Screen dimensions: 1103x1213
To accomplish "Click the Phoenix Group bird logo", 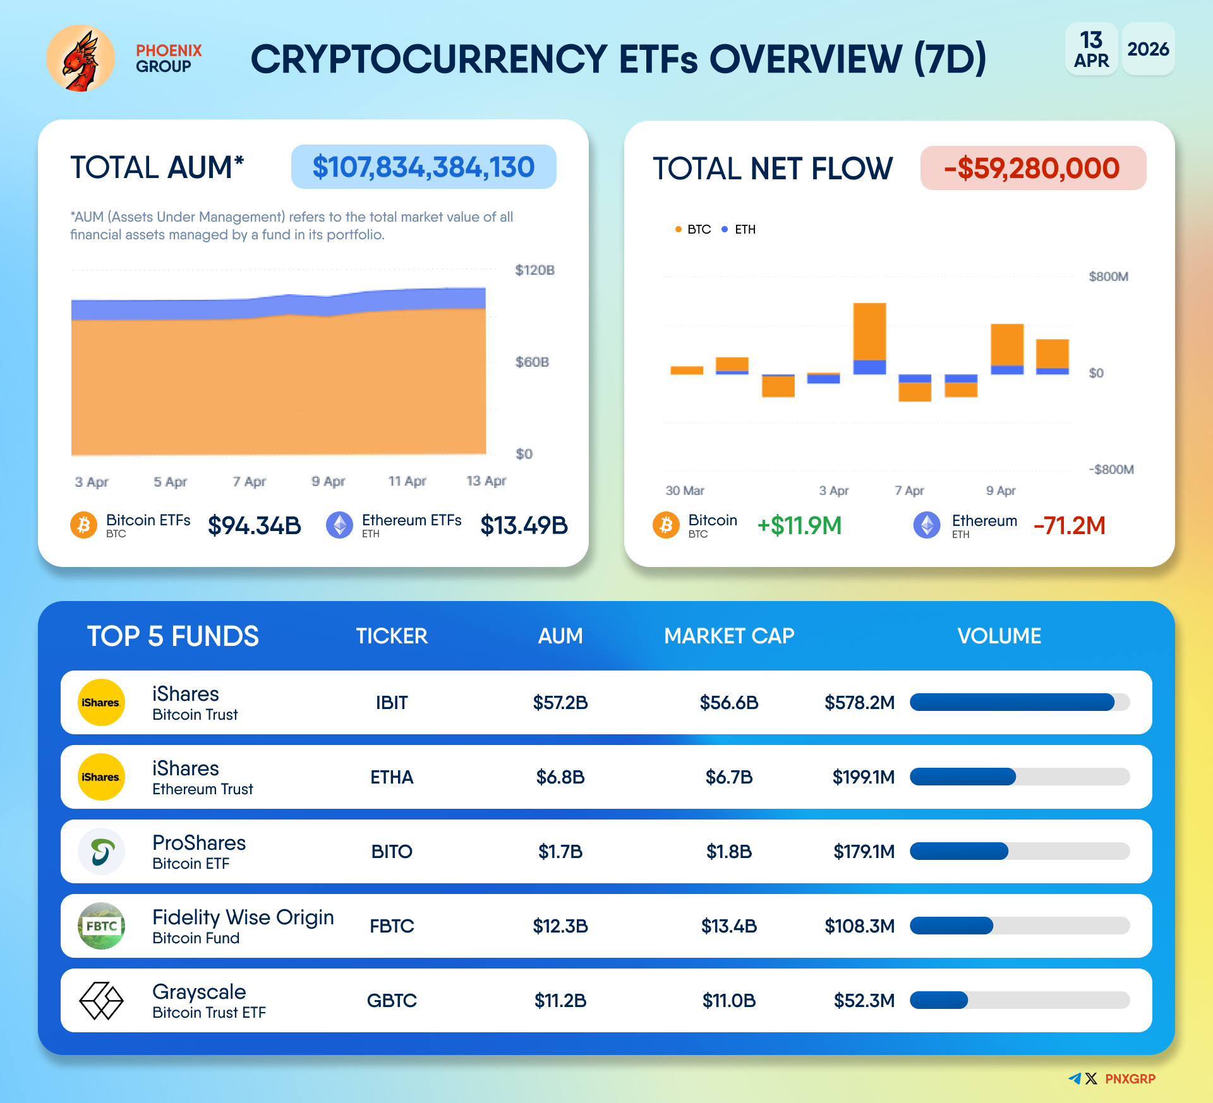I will point(80,58).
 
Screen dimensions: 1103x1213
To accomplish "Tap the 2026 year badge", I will point(1148,49).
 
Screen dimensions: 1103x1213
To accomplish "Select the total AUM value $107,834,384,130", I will point(423,167).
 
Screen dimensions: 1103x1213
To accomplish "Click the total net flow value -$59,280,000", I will point(1032,169).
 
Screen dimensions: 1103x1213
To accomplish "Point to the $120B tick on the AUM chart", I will point(534,270).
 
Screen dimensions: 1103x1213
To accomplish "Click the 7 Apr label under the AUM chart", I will point(249,482).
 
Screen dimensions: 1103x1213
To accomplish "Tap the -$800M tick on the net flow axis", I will point(1111,469).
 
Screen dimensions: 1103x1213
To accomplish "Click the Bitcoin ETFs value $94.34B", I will point(254,525).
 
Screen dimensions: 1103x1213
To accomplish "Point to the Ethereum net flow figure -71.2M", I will point(1069,525).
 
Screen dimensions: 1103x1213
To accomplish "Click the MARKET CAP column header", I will point(729,636).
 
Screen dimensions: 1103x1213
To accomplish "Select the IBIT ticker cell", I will point(392,703).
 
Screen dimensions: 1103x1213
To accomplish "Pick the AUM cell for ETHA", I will point(560,777).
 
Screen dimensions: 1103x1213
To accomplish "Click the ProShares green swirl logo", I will point(101,852).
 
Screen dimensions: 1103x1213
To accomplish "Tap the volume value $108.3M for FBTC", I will point(859,926).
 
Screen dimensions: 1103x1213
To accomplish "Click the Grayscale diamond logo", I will point(101,1001).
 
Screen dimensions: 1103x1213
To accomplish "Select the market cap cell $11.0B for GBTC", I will point(729,1001).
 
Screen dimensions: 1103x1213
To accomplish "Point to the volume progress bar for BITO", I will point(1019,852).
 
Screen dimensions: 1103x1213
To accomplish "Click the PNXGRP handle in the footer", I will point(1130,1079).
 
